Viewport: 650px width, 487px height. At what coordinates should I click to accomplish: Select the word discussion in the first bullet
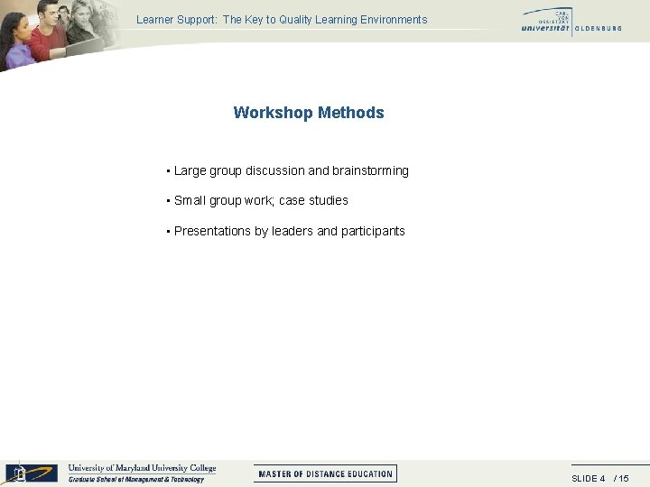(x=275, y=170)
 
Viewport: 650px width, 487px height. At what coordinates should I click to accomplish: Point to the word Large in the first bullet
(x=190, y=170)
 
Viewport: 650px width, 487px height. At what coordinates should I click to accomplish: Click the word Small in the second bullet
(x=190, y=200)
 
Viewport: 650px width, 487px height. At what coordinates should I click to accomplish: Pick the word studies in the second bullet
(x=328, y=200)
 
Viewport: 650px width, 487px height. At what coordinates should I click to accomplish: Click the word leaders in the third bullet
(x=292, y=231)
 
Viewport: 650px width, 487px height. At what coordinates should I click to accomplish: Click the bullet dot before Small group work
(x=169, y=201)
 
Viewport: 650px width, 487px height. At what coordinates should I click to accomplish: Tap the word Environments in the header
(x=391, y=19)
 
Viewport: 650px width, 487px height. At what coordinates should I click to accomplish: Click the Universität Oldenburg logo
(x=571, y=22)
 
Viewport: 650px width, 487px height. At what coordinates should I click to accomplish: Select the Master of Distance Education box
(x=325, y=473)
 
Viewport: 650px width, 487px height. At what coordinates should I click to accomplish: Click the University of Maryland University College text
(x=143, y=468)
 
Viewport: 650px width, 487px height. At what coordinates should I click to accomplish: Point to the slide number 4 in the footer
(x=602, y=478)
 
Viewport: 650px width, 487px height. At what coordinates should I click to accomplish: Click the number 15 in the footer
(x=624, y=478)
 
